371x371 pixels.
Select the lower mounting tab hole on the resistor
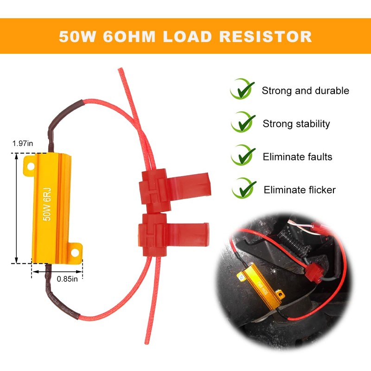point(73,252)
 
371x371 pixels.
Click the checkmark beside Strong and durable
point(242,90)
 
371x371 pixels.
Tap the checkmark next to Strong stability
point(243,123)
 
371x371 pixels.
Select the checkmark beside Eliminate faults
point(243,156)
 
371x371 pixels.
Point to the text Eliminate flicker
point(300,190)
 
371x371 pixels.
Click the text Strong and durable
point(305,91)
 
